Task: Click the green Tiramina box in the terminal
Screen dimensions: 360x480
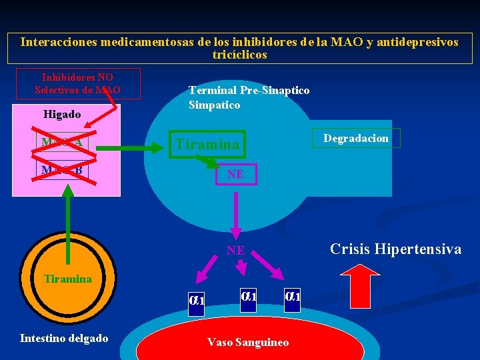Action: pyautogui.click(x=207, y=145)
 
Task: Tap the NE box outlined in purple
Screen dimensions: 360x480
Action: pyautogui.click(x=235, y=174)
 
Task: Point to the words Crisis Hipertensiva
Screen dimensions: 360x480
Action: pyautogui.click(x=396, y=249)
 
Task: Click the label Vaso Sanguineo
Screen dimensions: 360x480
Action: pyautogui.click(x=248, y=342)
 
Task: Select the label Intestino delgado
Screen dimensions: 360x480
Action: pyautogui.click(x=64, y=338)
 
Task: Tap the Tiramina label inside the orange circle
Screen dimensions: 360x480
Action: pyautogui.click(x=67, y=279)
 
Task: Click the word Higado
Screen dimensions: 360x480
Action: pyautogui.click(x=62, y=114)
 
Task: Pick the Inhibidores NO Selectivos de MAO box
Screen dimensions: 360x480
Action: pyautogui.click(x=77, y=83)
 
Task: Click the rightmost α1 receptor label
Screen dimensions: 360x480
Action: pyautogui.click(x=293, y=295)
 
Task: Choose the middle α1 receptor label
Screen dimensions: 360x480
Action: pyautogui.click(x=248, y=295)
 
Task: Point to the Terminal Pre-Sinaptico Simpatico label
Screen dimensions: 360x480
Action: pyautogui.click(x=249, y=97)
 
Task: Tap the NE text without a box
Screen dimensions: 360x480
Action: pyautogui.click(x=235, y=251)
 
